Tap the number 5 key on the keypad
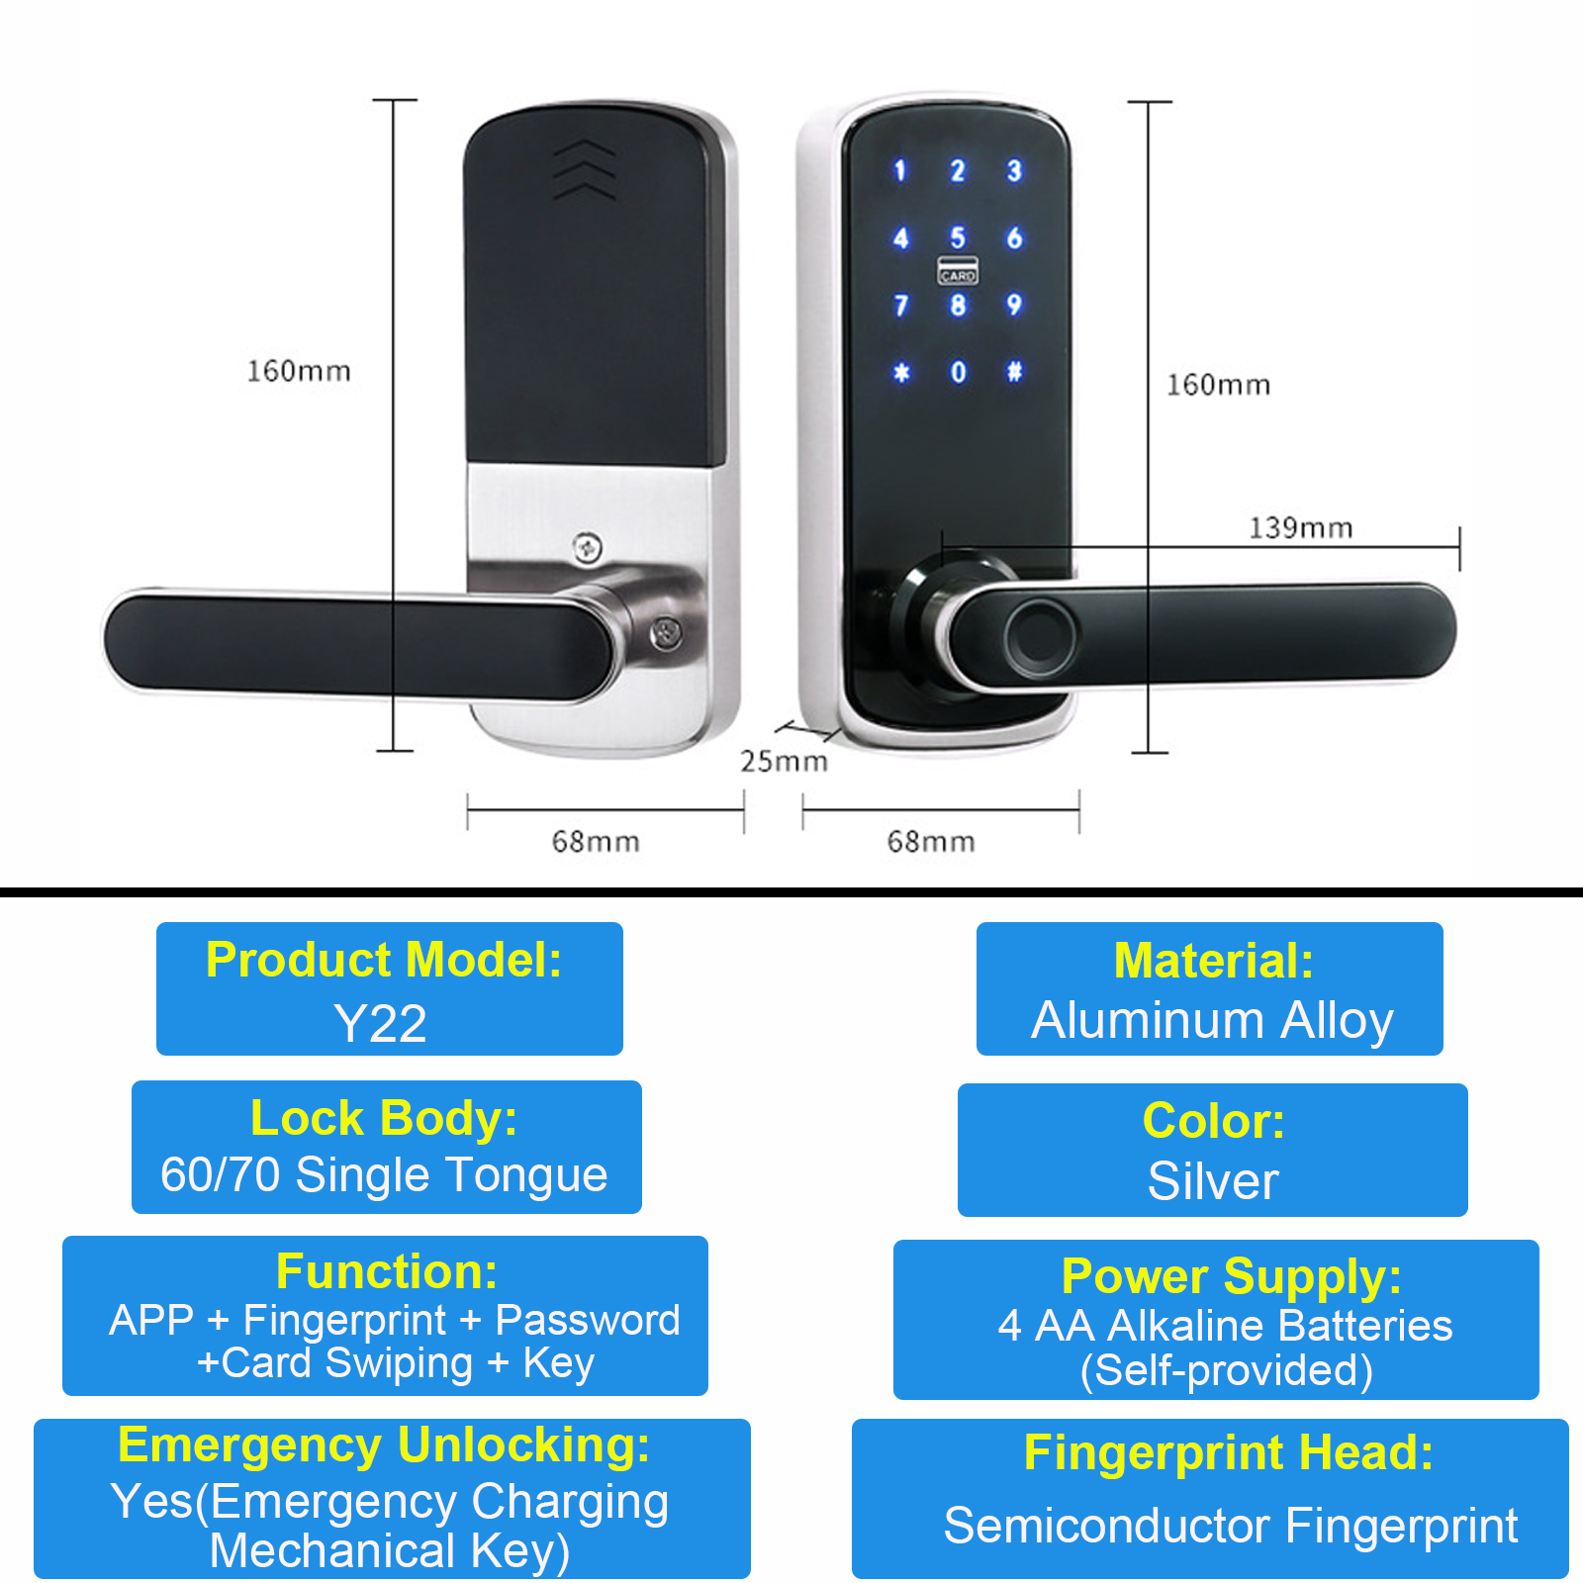[x=957, y=237]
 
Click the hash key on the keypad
[x=1014, y=372]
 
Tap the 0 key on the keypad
[x=958, y=372]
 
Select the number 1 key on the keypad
[x=899, y=170]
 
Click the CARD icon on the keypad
[x=958, y=271]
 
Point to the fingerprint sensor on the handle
[x=1039, y=633]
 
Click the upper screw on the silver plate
[x=588, y=548]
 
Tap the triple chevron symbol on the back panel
[x=585, y=169]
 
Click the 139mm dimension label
[x=1300, y=527]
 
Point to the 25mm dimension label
[x=784, y=761]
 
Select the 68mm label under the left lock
[x=596, y=842]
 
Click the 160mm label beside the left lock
[x=299, y=371]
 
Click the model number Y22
[x=381, y=1023]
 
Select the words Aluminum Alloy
[x=1212, y=1021]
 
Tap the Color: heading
[x=1214, y=1121]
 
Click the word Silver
[x=1213, y=1181]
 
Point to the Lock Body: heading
[x=384, y=1119]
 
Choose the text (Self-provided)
[x=1227, y=1371]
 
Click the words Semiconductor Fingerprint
[x=1231, y=1526]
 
